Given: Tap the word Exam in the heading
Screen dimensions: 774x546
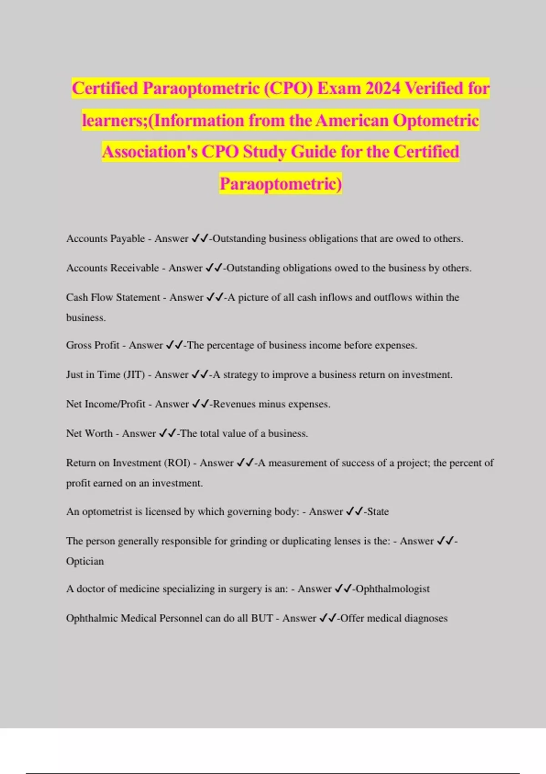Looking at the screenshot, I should coord(338,88).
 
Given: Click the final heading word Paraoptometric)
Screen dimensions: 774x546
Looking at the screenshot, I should coord(281,184).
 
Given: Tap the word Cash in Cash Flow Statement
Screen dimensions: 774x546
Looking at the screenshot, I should coord(77,297).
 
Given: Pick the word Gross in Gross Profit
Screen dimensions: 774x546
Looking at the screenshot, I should coord(79,345).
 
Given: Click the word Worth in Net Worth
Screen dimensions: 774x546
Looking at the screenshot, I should coord(98,433).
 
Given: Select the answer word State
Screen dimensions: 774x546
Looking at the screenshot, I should coord(378,512).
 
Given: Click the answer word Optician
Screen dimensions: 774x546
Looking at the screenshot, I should coord(85,561).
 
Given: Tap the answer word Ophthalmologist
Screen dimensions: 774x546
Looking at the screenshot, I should coord(393,589).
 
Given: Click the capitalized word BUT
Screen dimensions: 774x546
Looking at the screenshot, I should coord(262,618).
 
